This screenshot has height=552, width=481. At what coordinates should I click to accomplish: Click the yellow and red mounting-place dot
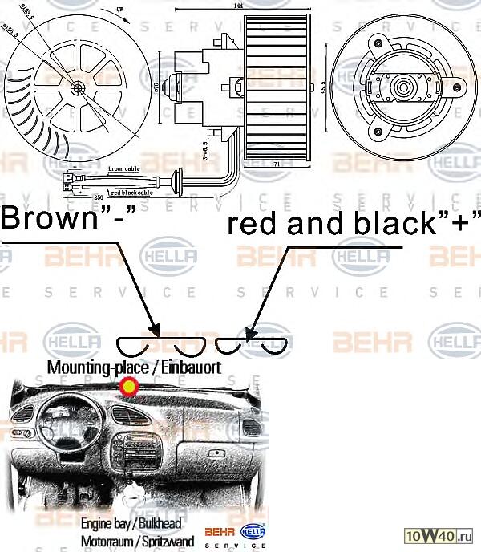coord(128,388)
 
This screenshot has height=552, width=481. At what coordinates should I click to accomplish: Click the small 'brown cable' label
coord(125,169)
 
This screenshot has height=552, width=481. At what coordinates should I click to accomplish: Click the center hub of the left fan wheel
coord(77,87)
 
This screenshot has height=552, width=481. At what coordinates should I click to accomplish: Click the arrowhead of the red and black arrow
coord(249,333)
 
